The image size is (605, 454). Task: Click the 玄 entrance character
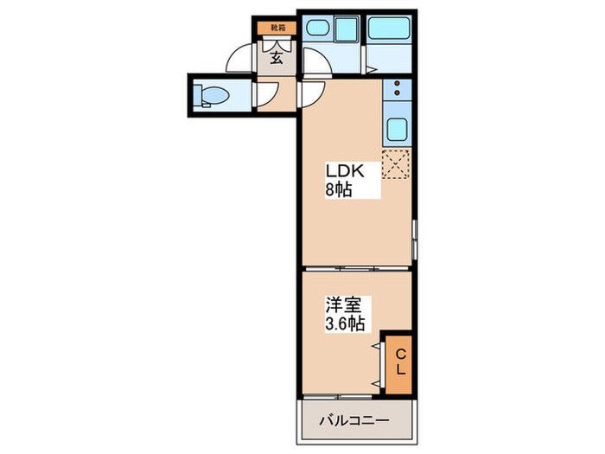pyautogui.click(x=276, y=58)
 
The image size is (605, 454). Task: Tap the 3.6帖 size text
pyautogui.click(x=344, y=325)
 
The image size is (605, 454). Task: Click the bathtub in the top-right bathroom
pyautogui.click(x=392, y=29)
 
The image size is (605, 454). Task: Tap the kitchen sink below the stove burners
pyautogui.click(x=398, y=131)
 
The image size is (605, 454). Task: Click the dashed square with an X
pyautogui.click(x=396, y=164)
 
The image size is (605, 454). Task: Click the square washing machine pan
pyautogui.click(x=347, y=31)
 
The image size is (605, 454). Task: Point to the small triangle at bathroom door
pyautogui.click(x=369, y=69)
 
